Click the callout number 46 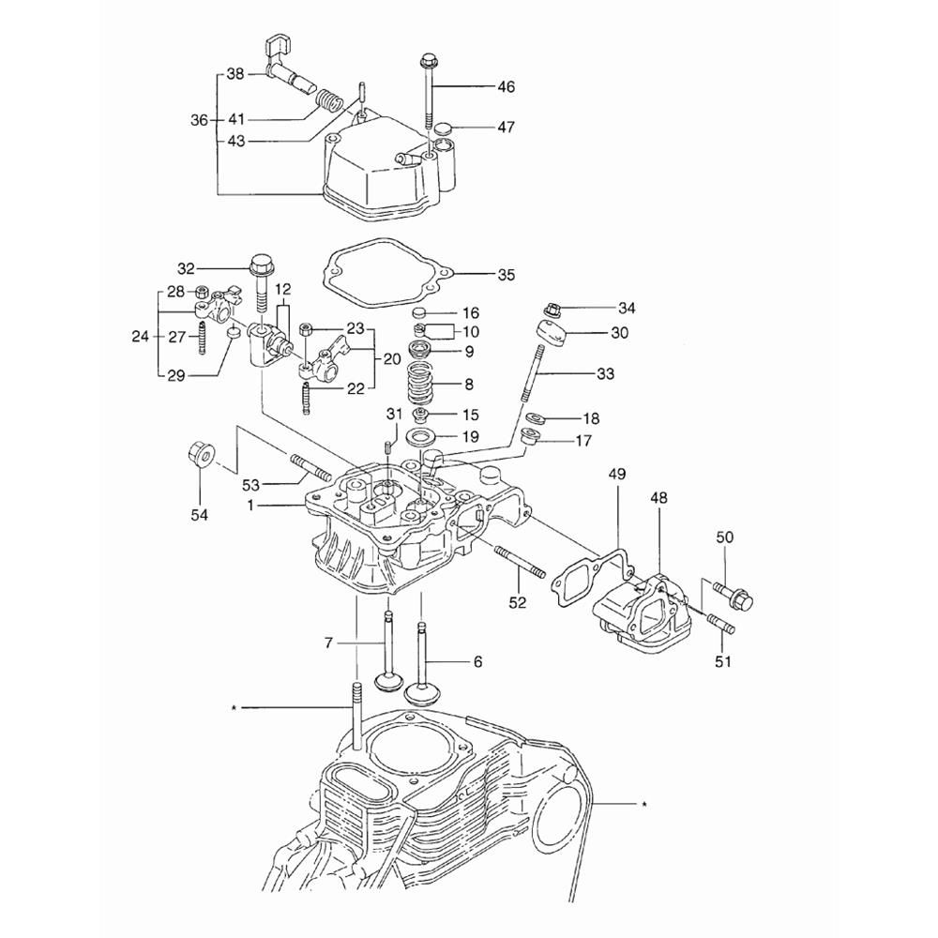click(x=506, y=86)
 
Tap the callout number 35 click(x=506, y=275)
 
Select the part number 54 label click(x=199, y=514)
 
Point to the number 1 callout click(x=251, y=507)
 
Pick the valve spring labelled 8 click(x=424, y=384)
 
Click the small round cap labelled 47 click(x=442, y=129)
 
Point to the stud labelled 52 click(x=520, y=561)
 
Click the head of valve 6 click(x=422, y=695)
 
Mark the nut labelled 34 click(x=552, y=310)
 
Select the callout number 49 click(x=617, y=475)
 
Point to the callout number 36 click(x=199, y=120)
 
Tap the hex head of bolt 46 click(x=429, y=60)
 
